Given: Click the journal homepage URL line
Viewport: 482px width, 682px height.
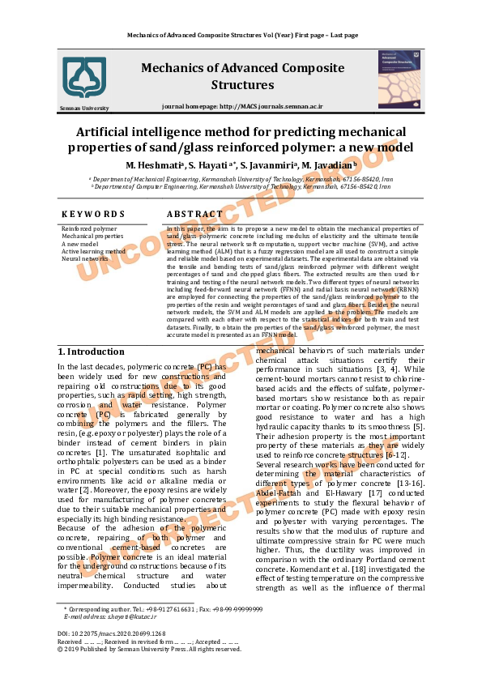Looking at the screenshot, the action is (242, 106).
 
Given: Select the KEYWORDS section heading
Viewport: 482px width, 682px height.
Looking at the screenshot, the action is (93, 214).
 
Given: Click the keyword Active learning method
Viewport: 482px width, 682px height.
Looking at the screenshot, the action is (93, 251).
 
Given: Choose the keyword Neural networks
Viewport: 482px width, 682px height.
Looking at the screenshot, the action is (85, 258).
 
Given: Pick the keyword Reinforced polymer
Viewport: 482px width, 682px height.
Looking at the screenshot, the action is (89, 229).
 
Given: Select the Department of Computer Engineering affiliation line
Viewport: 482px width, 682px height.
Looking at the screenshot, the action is (246, 185).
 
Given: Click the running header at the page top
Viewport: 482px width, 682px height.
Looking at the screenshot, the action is (242, 35).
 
